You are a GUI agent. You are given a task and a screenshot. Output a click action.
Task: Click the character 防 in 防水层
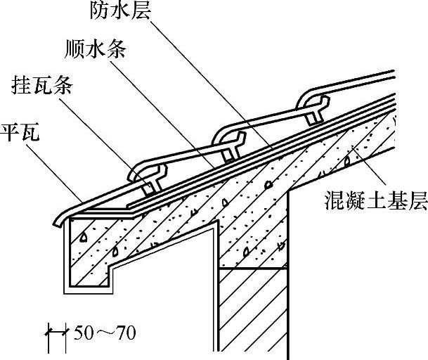tap(99, 11)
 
